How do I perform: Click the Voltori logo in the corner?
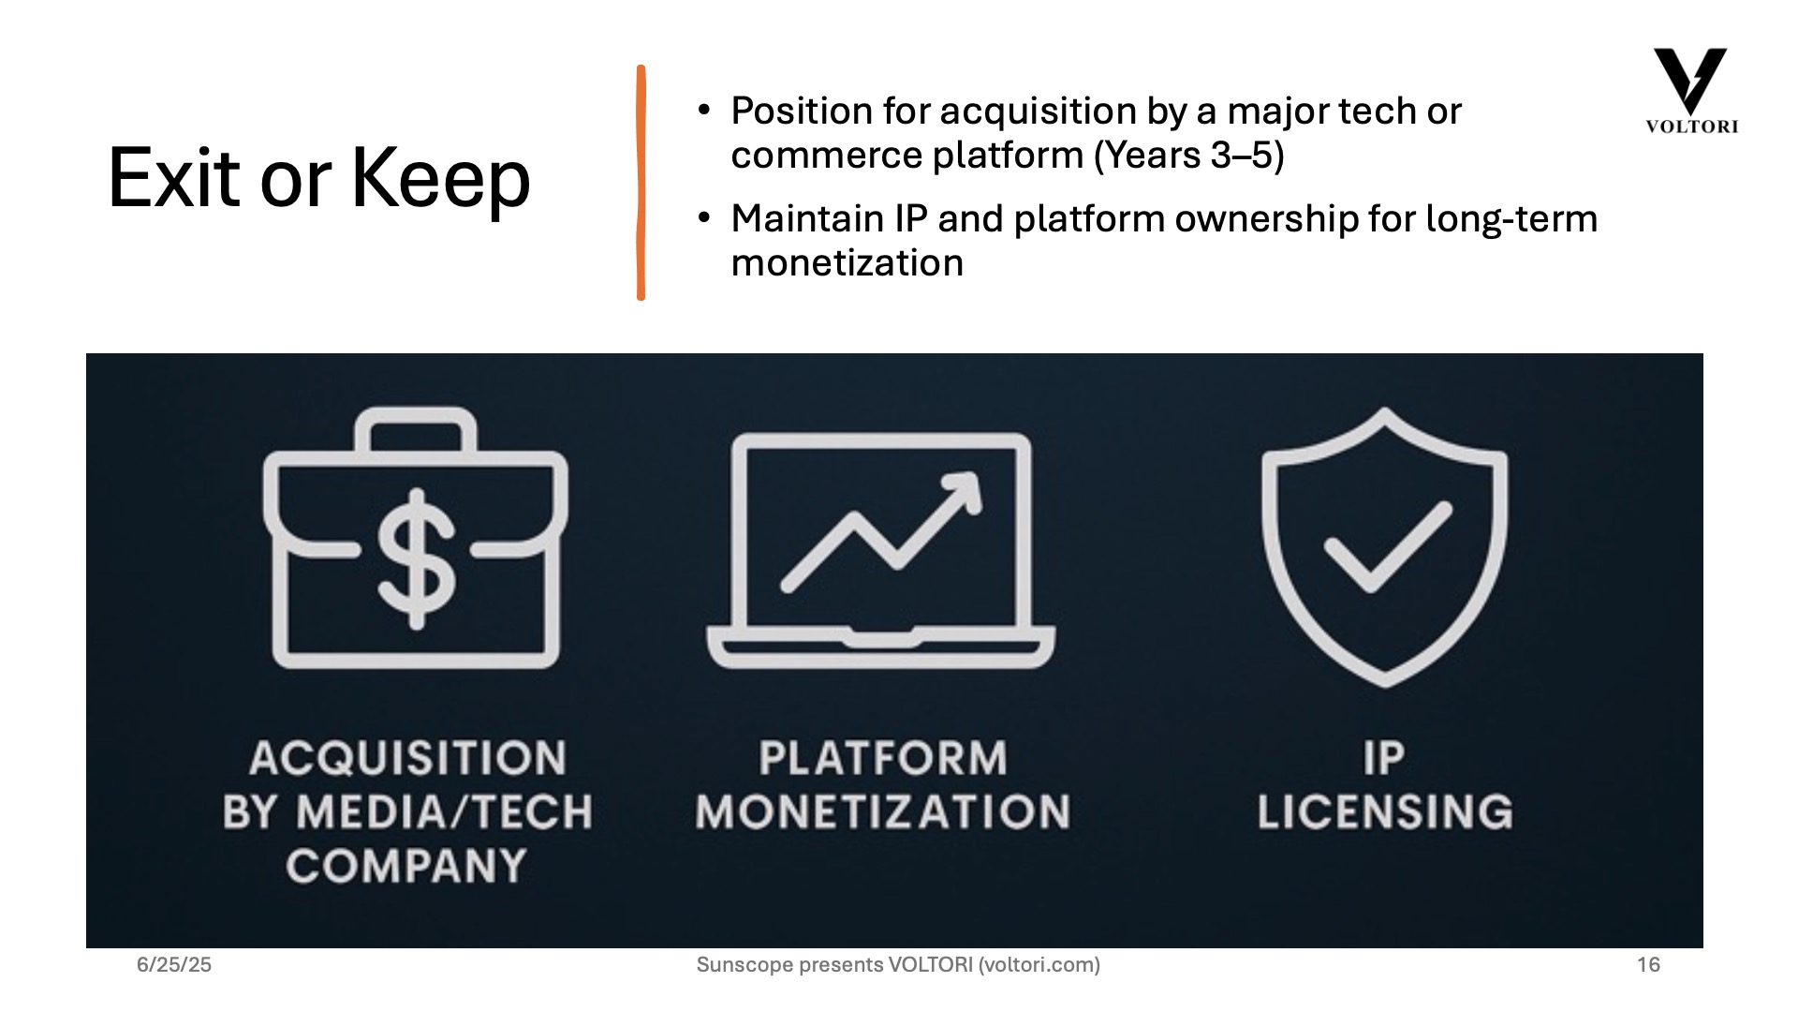(x=1691, y=91)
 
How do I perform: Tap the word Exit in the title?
(x=174, y=177)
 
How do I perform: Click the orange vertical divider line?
(x=641, y=183)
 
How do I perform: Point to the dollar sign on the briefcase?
(x=416, y=558)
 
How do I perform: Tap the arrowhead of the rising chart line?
(x=962, y=492)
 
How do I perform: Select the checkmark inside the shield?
(x=1387, y=547)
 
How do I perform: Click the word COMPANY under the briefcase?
(x=406, y=866)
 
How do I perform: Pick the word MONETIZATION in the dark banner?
(x=882, y=811)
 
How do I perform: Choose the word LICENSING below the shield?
(x=1385, y=811)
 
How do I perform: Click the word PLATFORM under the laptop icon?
(x=883, y=758)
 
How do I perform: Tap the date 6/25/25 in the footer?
(x=174, y=965)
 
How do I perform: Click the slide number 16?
(x=1648, y=965)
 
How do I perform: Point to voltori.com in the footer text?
(x=1039, y=965)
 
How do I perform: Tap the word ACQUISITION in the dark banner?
(x=407, y=758)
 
